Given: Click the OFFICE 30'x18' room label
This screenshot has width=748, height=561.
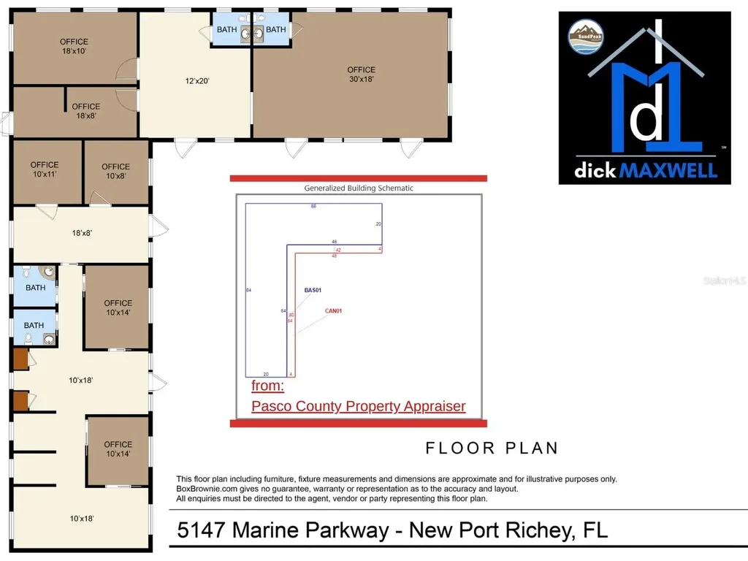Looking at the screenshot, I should click(x=361, y=75).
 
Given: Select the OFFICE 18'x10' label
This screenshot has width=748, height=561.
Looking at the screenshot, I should click(x=74, y=47).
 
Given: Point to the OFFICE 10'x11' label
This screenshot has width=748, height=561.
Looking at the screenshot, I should click(x=45, y=169).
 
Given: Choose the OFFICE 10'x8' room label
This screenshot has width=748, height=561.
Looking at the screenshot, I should click(x=115, y=171).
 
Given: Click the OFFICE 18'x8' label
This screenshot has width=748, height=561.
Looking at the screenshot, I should click(x=86, y=111).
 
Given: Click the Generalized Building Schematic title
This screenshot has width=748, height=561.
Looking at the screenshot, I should click(x=359, y=188).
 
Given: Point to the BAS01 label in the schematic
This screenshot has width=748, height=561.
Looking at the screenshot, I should click(x=313, y=290).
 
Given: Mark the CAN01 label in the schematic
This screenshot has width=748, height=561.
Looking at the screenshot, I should click(x=333, y=310).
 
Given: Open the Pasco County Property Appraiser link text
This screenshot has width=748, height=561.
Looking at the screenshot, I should click(x=358, y=406).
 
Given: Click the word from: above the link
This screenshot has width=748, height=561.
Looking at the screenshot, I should click(x=267, y=386).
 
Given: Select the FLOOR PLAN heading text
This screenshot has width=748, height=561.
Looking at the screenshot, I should click(x=492, y=447).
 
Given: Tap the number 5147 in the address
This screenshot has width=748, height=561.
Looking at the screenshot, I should click(x=202, y=530).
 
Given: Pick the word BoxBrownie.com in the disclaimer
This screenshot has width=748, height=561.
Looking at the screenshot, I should click(x=205, y=489).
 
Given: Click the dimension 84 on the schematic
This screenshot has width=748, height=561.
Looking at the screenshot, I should click(x=249, y=291).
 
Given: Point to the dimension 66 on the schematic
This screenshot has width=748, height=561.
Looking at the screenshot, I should click(x=313, y=207).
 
